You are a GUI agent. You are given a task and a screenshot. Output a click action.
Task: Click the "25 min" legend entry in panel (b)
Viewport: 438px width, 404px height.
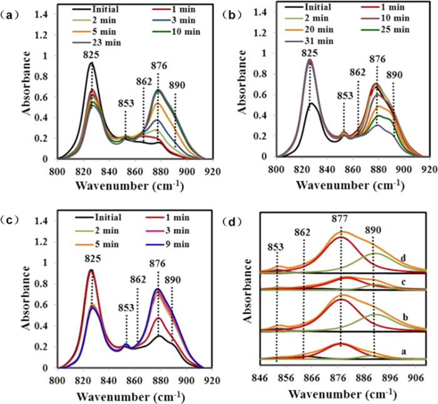(x=392, y=30)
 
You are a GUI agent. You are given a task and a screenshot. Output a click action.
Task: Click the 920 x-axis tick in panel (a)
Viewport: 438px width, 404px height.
(x=211, y=169)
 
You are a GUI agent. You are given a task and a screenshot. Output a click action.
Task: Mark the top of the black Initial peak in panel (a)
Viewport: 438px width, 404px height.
(x=91, y=63)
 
